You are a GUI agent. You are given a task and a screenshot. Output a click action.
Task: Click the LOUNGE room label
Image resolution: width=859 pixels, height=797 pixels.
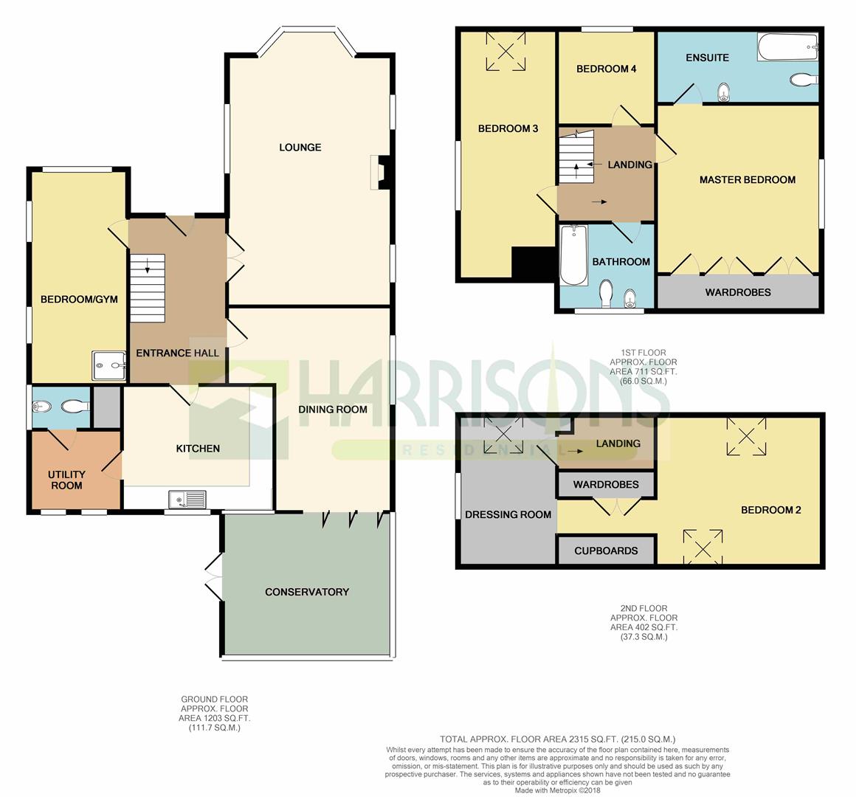point(300,147)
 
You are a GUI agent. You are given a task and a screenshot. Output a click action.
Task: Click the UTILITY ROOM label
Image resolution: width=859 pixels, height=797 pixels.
point(66,480)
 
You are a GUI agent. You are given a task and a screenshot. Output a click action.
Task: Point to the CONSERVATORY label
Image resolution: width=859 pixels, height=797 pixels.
point(306,592)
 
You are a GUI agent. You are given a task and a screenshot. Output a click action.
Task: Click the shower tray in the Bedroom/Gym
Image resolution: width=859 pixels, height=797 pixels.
point(108,365)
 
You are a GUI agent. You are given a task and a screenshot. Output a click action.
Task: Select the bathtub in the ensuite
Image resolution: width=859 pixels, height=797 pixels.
point(787,49)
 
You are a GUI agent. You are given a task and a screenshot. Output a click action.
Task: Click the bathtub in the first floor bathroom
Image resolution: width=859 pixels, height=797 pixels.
point(573,255)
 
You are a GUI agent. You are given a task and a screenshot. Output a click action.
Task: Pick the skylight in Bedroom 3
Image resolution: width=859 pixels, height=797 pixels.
point(506,52)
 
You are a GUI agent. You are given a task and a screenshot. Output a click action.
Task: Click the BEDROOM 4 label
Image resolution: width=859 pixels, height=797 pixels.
point(606,69)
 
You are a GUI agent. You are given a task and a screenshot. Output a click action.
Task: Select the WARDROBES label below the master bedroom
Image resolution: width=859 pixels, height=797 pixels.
point(737,292)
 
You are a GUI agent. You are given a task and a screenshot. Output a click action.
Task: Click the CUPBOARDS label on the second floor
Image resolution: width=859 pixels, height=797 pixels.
point(606,551)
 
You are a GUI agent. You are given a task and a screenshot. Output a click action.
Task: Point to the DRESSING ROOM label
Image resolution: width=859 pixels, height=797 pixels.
point(508,514)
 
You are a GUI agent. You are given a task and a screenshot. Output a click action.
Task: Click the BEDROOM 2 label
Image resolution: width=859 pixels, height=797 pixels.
point(771,510)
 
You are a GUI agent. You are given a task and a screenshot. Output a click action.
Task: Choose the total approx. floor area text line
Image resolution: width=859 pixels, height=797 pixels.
point(557,739)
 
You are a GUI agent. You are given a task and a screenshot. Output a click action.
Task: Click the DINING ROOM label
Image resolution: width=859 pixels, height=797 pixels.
point(332,410)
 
